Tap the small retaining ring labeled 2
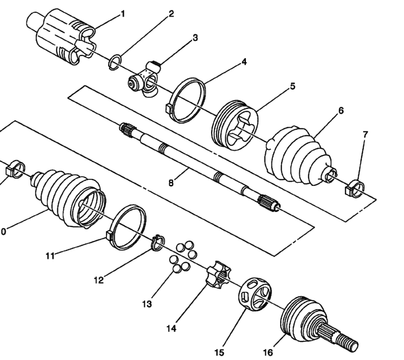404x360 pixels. pos(115,63)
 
